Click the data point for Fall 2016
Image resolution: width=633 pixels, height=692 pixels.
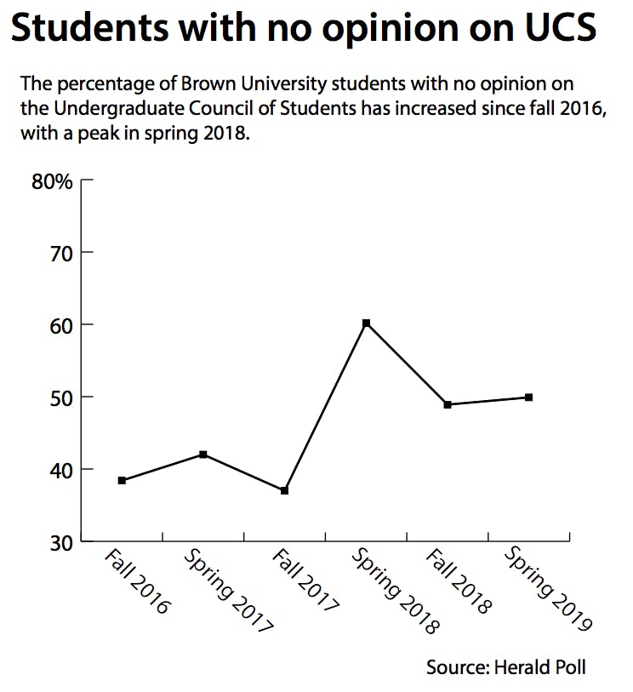[x=122, y=481]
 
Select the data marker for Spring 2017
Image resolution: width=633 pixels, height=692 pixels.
[x=203, y=455]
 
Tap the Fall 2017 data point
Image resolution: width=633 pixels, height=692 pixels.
[x=284, y=491]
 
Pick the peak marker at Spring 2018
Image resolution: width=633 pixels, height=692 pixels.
[x=366, y=323]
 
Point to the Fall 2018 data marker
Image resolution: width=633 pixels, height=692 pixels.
[x=447, y=404]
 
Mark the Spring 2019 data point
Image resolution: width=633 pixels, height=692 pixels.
[x=528, y=397]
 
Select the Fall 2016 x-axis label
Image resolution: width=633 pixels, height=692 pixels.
[x=138, y=583]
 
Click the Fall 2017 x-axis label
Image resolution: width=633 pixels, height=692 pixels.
[x=305, y=583]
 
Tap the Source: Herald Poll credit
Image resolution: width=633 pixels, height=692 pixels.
[x=506, y=666]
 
